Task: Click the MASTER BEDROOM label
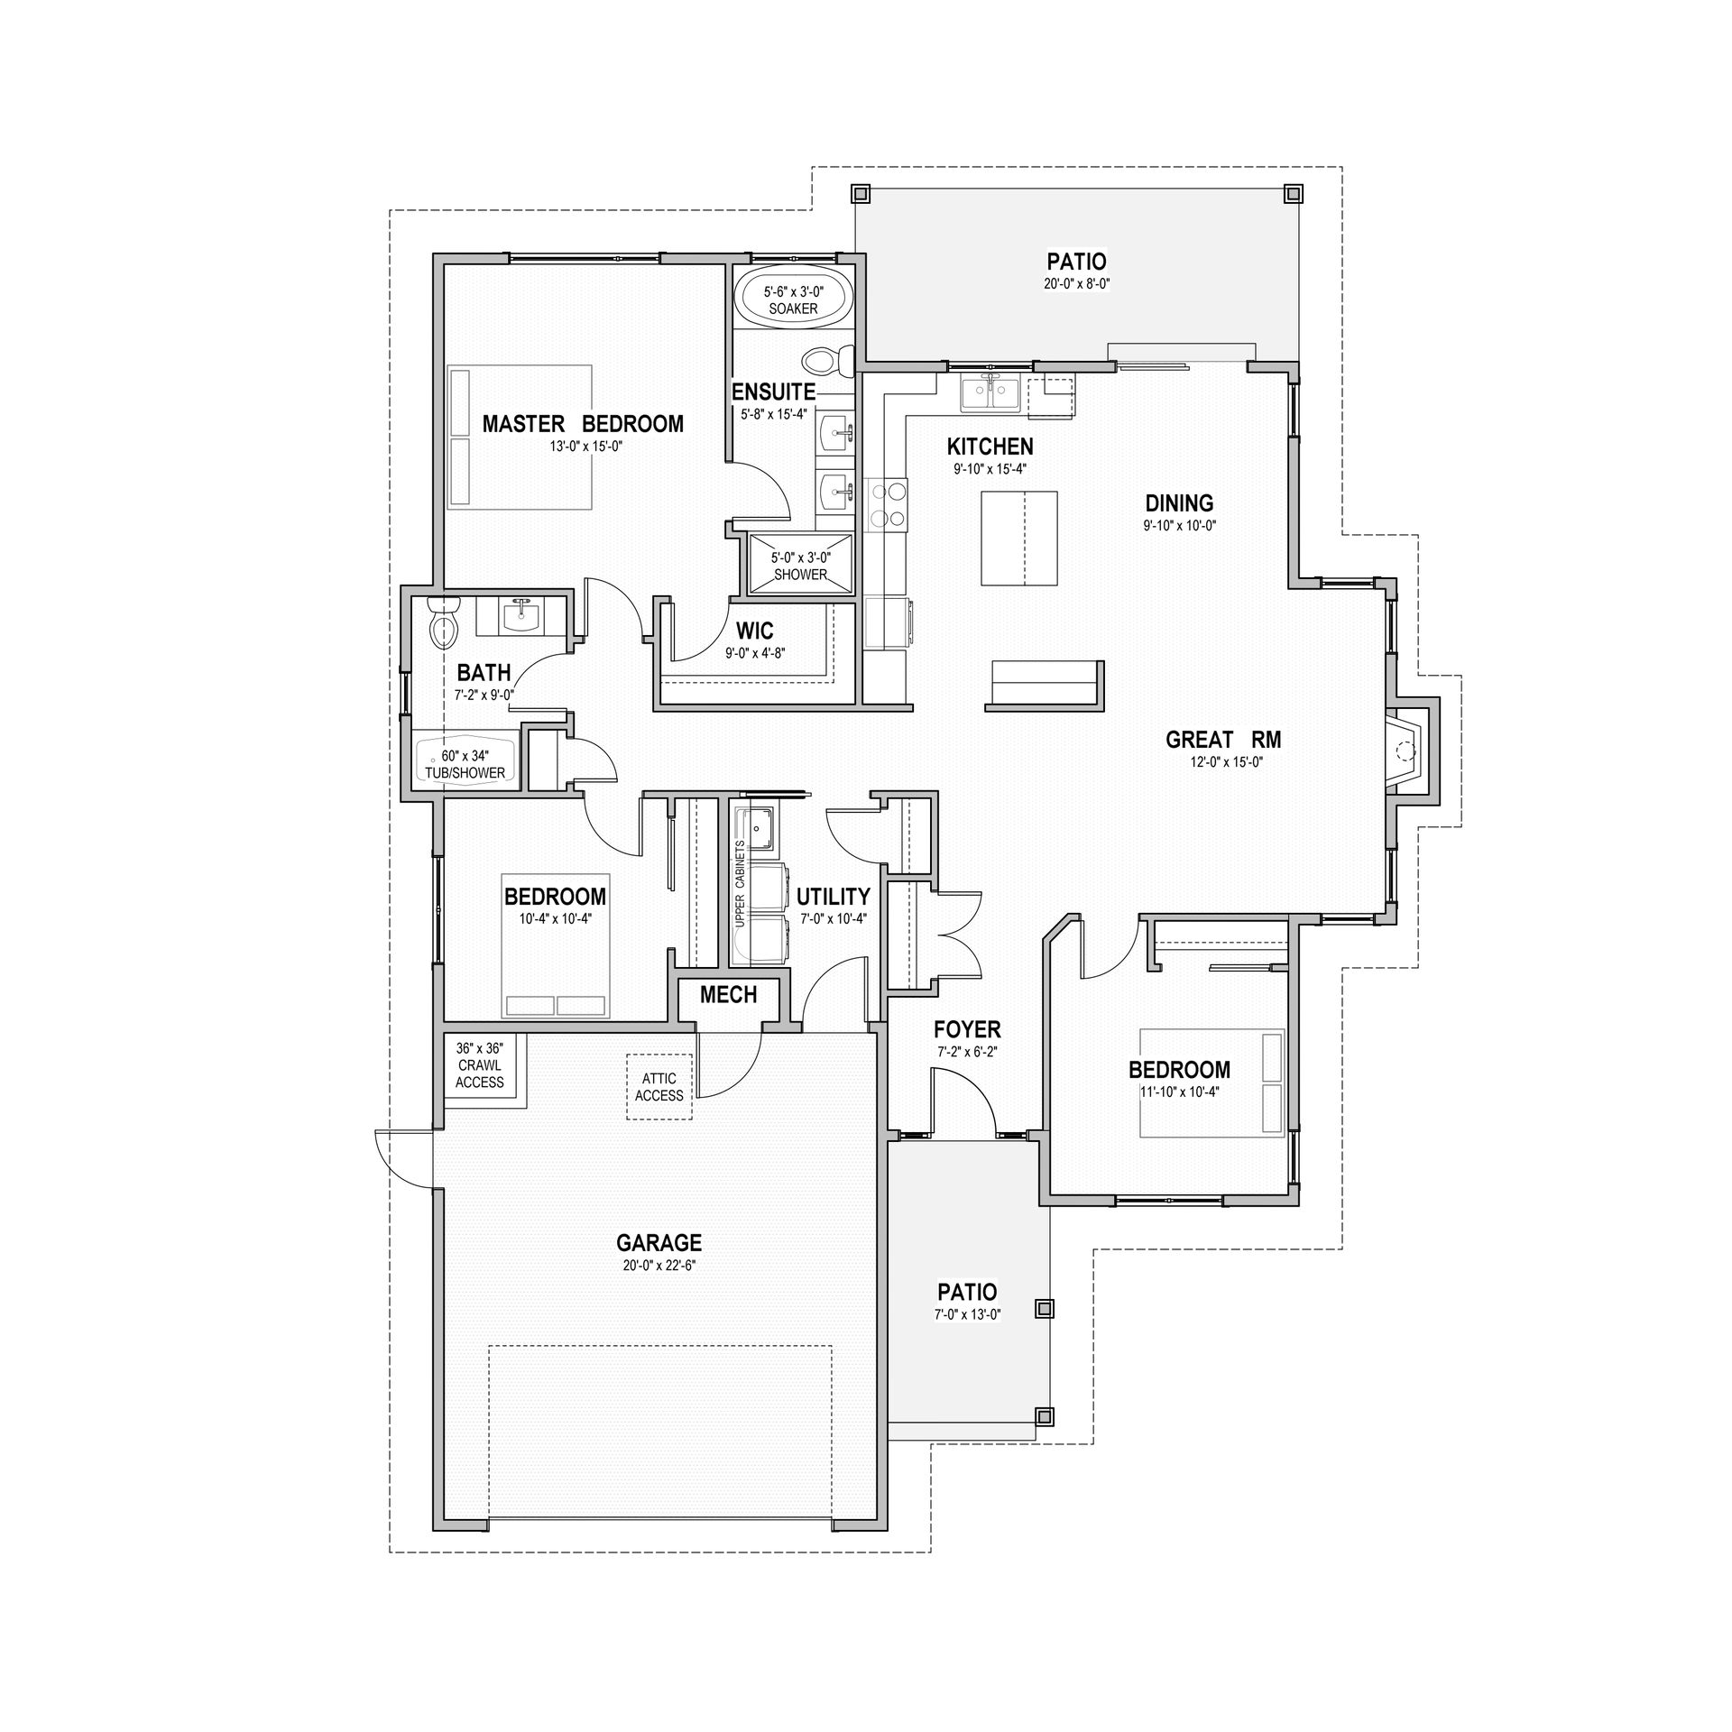pyautogui.click(x=583, y=424)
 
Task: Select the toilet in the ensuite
pyautogui.click(x=828, y=362)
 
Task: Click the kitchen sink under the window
pyautogui.click(x=990, y=394)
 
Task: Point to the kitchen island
pyautogui.click(x=1018, y=539)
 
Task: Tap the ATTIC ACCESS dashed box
pyautogui.click(x=659, y=1087)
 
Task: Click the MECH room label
pyautogui.click(x=728, y=994)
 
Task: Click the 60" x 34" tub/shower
pyautogui.click(x=465, y=764)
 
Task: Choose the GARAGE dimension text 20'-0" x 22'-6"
pyautogui.click(x=659, y=1265)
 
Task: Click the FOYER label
pyautogui.click(x=967, y=1029)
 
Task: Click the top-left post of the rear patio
pyautogui.click(x=861, y=192)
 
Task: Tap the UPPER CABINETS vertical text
pyautogui.click(x=740, y=884)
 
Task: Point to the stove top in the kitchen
pyautogui.click(x=888, y=503)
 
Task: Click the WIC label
pyautogui.click(x=754, y=631)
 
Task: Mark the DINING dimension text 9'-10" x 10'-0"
pyautogui.click(x=1180, y=525)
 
